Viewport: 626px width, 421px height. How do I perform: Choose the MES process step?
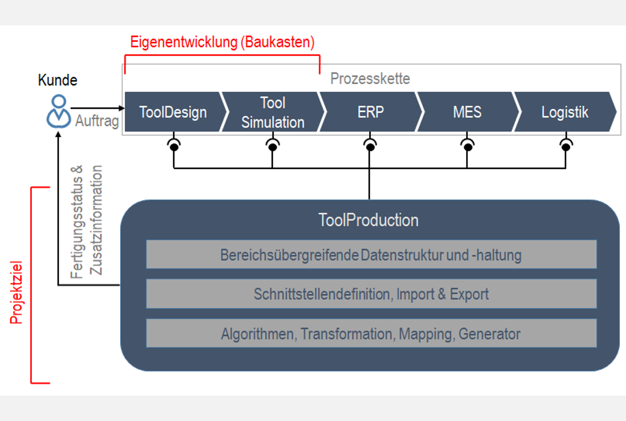468,112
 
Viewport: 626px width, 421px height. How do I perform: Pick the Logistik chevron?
565,112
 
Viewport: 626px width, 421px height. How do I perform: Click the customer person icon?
59,111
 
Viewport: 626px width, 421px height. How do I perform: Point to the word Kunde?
58,80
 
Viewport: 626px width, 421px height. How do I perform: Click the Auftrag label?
97,121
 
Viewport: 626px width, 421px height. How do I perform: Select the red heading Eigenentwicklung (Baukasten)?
222,42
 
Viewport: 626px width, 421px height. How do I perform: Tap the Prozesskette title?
370,78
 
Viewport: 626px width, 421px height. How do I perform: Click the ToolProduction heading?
368,220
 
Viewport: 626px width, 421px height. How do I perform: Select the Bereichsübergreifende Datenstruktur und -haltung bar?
371,254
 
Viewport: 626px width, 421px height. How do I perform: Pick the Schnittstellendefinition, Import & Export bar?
371,294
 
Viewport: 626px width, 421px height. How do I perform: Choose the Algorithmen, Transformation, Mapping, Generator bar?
371,333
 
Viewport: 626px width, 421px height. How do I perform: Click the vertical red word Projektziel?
16,293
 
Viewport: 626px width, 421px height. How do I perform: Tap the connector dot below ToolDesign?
174,147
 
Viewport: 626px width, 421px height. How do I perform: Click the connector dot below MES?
468,147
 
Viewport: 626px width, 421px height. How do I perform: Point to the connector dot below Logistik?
566,147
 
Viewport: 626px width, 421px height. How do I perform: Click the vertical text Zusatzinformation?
96,220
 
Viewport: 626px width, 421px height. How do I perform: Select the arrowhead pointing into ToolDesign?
122,108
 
